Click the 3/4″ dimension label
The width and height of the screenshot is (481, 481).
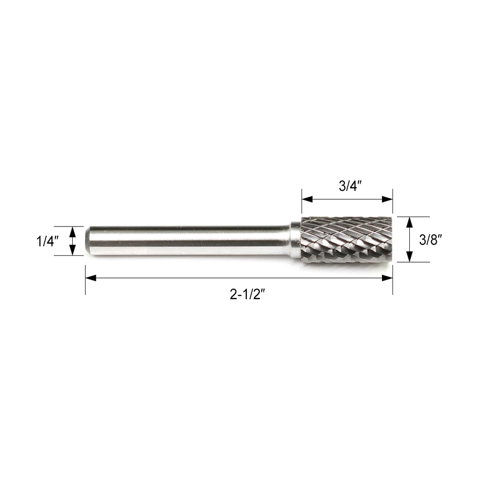click(347, 187)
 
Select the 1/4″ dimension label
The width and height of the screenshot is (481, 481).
click(48, 241)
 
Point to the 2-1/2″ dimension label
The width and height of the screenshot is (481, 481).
click(248, 294)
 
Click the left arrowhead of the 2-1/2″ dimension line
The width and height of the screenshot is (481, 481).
click(89, 278)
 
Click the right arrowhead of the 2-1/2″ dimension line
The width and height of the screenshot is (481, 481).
click(389, 278)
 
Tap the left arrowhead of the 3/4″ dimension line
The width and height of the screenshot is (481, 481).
click(306, 198)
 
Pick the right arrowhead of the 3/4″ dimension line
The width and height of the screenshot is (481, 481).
click(389, 198)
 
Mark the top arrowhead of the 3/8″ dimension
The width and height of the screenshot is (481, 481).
click(409, 221)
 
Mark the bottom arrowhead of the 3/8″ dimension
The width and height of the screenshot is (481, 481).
click(409, 258)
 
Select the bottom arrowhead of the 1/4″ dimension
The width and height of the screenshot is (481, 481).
click(73, 251)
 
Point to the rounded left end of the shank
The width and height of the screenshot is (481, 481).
click(88, 240)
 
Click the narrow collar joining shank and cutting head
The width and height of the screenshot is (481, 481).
click(295, 240)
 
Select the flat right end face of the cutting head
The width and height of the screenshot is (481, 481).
click(391, 240)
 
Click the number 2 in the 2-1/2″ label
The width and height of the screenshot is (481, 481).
click(233, 294)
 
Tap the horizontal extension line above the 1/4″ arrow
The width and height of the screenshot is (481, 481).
click(67, 226)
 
